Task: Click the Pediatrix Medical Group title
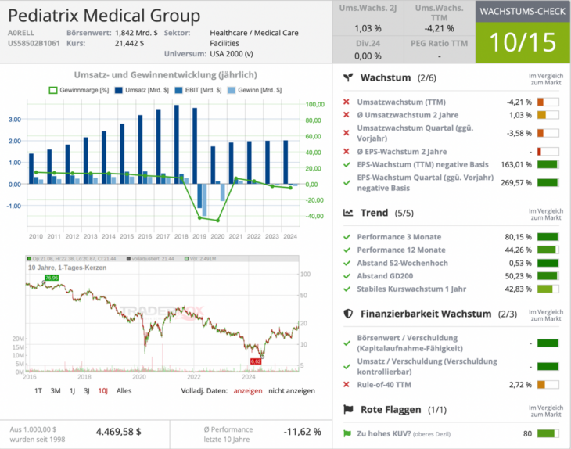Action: point(103,16)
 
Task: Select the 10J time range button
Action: point(102,390)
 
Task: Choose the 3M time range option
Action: point(56,390)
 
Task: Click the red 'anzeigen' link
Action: point(248,390)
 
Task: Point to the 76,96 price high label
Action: point(52,278)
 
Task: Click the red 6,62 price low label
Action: point(255,361)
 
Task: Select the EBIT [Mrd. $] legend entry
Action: point(197,90)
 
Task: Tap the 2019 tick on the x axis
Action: point(200,235)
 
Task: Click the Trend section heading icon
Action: point(348,212)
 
